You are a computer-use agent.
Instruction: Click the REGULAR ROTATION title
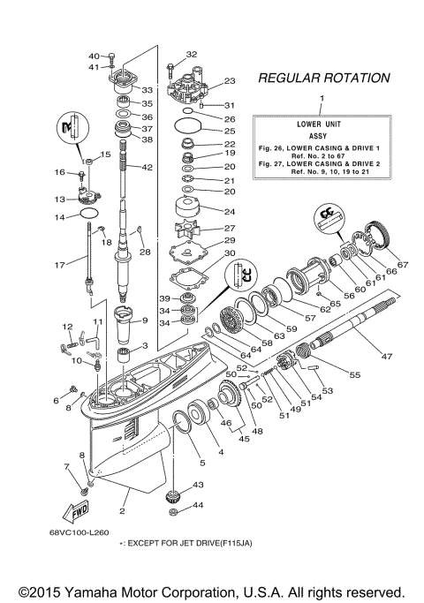click(x=322, y=79)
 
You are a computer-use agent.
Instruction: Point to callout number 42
click(x=148, y=168)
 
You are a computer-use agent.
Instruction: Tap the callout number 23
click(x=229, y=80)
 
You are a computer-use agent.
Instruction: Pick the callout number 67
click(x=403, y=265)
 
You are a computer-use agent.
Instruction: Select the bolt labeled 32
click(x=170, y=67)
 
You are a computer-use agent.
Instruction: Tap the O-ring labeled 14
click(x=88, y=214)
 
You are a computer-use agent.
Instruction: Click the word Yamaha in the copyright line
click(x=103, y=591)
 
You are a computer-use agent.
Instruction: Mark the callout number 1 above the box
click(x=322, y=96)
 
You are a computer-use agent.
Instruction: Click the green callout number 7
click(x=64, y=465)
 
